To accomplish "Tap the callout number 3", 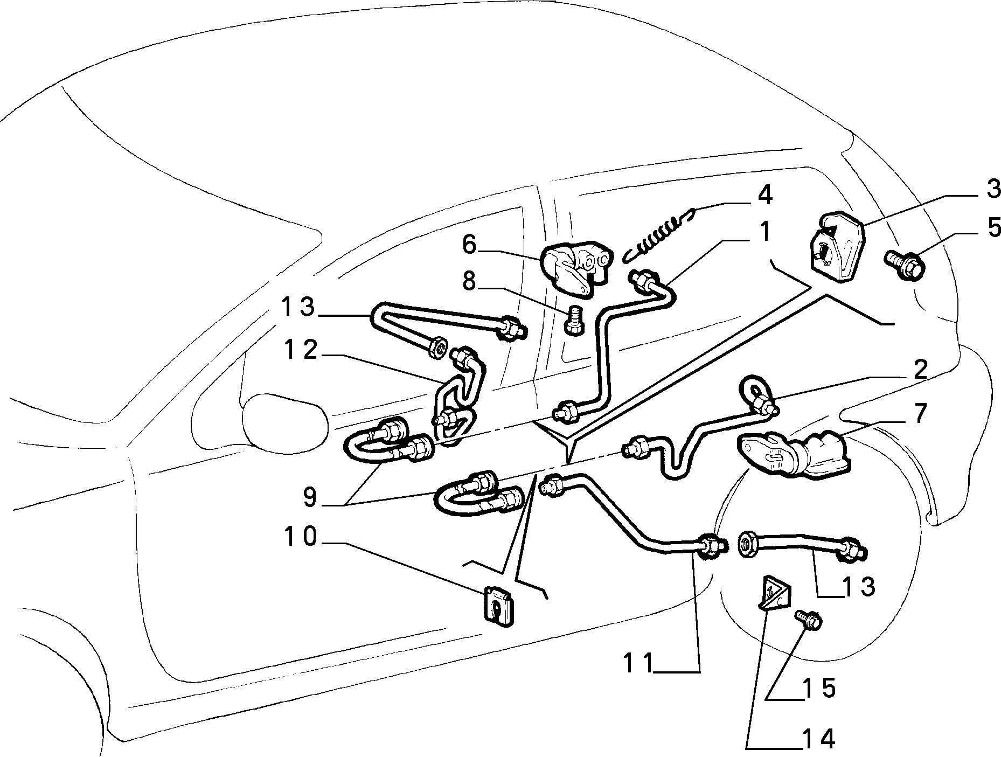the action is pos(992,190).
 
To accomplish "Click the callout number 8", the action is pos(469,281).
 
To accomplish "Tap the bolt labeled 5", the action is pos(904,262).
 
